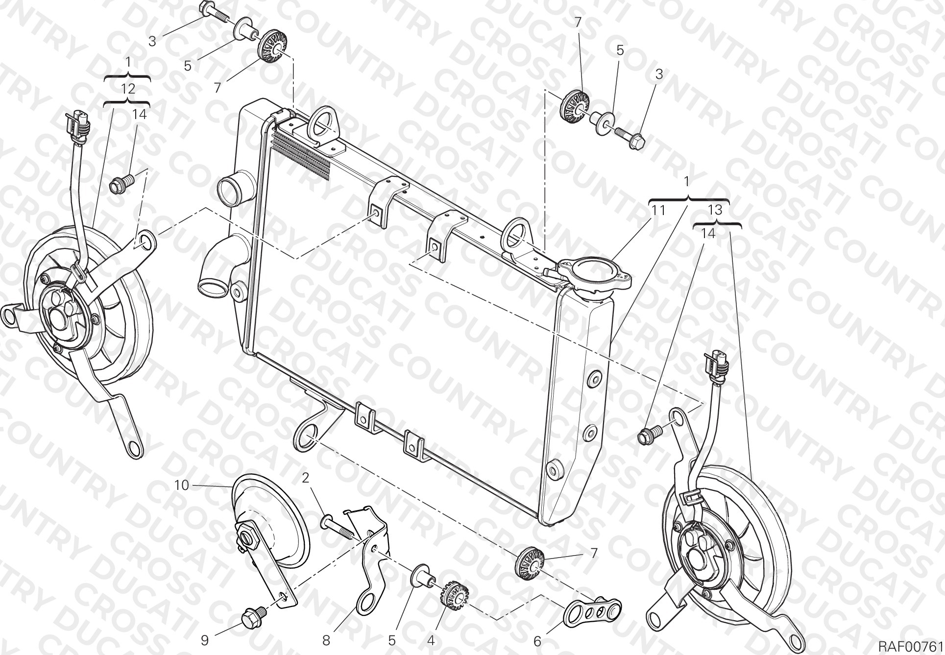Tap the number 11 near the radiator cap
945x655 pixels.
point(658,211)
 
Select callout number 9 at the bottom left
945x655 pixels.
point(205,640)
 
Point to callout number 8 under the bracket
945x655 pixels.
point(326,640)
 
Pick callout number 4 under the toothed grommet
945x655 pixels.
point(431,640)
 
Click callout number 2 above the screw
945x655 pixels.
point(306,478)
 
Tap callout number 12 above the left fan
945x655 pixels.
point(128,89)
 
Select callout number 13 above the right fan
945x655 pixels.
point(715,210)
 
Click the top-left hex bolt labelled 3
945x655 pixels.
point(214,12)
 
